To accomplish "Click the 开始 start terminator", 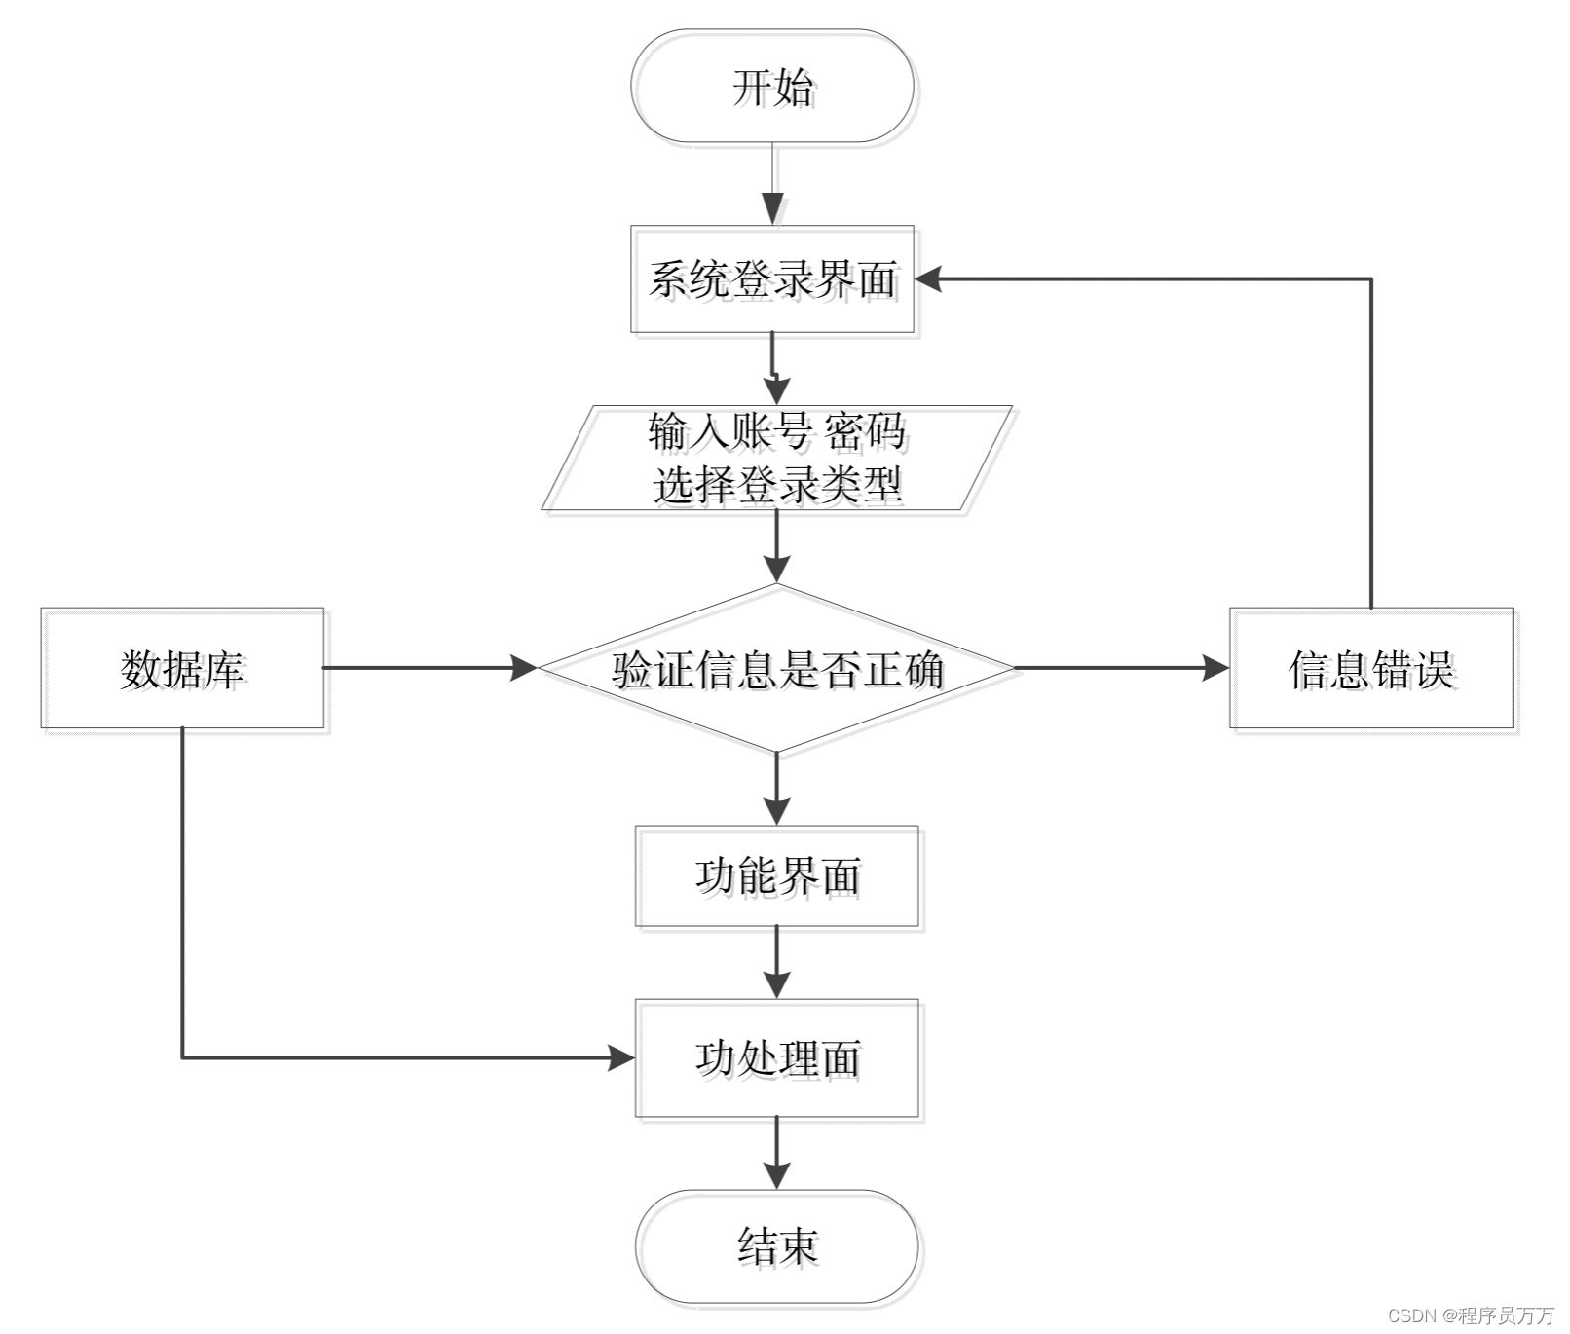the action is tap(772, 87).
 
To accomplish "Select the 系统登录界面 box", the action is tap(772, 279).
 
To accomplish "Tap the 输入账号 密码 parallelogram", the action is tap(777, 458).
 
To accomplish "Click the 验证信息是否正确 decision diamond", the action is tap(777, 668).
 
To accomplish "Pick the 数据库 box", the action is tap(182, 668).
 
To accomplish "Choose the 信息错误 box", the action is tap(1371, 668).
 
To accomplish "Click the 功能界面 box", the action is tap(777, 876).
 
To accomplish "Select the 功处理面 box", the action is tap(777, 1057).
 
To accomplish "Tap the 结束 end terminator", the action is tap(777, 1246).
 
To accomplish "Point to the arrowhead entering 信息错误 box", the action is tap(1216, 668).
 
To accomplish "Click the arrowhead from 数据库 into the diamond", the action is tap(525, 668).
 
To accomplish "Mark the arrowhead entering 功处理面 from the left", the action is tap(622, 1057).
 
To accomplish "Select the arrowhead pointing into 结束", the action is tap(777, 1175).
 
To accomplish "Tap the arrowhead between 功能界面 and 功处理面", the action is tap(777, 984).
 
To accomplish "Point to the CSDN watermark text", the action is tap(1471, 1315).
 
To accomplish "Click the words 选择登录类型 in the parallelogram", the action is tap(777, 484).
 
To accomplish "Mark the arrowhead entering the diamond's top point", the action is tap(777, 570).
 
